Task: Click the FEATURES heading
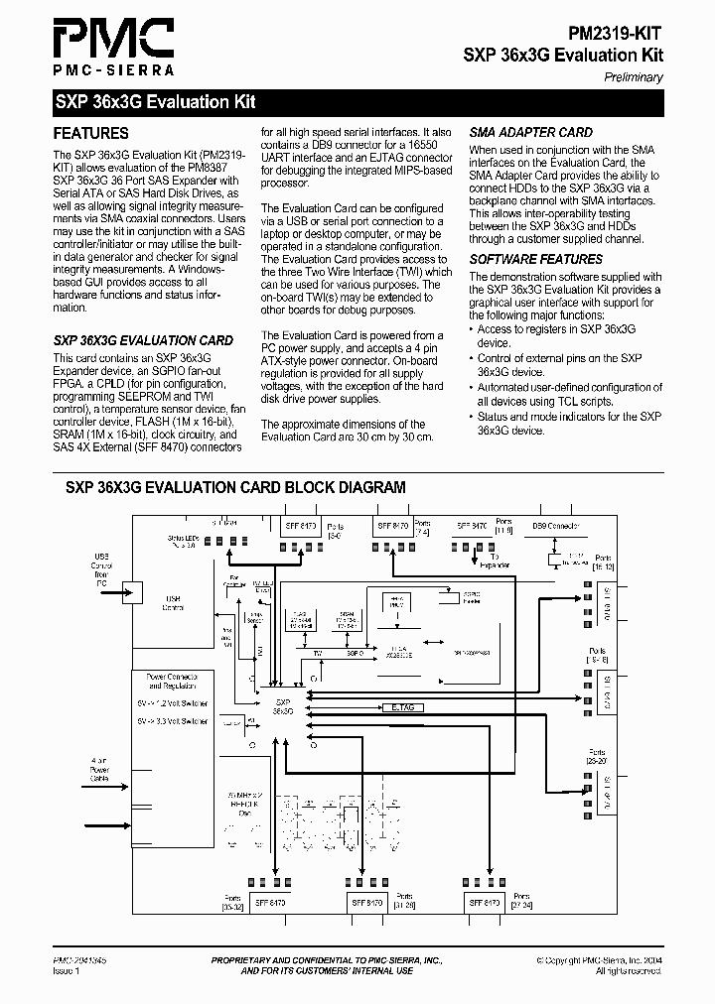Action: [90, 133]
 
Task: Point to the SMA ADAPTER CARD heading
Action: [530, 132]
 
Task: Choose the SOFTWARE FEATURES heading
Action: [535, 259]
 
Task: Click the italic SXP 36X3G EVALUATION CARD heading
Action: [143, 340]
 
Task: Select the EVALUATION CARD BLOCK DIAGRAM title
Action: [235, 487]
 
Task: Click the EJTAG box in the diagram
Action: [402, 707]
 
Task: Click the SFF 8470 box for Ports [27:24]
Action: [486, 903]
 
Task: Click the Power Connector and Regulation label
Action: [172, 681]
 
